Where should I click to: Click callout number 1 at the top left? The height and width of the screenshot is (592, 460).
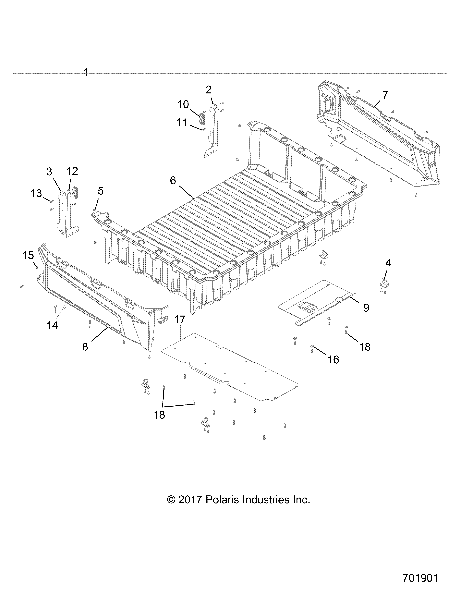[86, 72]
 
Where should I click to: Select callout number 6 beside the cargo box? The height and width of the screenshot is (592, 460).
[173, 181]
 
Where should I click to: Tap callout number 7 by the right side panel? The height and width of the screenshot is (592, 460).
[385, 95]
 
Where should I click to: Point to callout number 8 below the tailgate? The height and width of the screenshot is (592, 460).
[85, 347]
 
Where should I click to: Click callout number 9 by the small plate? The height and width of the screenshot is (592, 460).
[366, 308]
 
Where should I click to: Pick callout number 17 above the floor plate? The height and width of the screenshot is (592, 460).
[180, 320]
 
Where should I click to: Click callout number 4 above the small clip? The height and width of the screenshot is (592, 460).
[388, 263]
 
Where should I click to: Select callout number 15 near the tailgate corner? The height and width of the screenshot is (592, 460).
[28, 255]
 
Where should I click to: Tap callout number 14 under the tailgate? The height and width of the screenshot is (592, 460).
[52, 325]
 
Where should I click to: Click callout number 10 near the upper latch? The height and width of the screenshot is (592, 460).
[183, 104]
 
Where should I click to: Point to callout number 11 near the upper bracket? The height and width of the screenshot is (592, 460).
[182, 122]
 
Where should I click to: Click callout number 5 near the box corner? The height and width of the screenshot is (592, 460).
[101, 191]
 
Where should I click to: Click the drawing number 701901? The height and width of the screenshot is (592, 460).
[421, 577]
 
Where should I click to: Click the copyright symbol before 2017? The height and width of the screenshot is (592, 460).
[171, 500]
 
